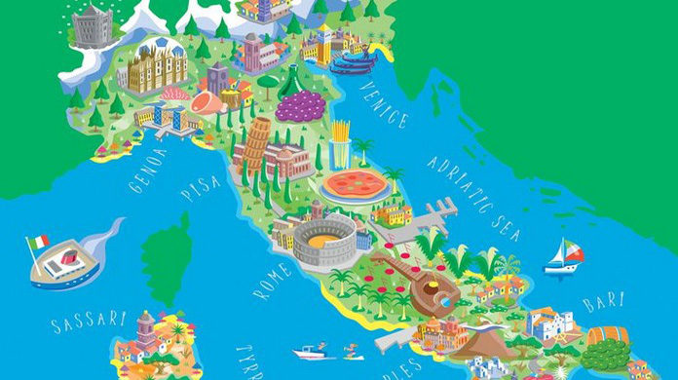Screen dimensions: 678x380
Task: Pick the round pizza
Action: [x=353, y=185]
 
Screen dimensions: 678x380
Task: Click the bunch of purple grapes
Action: [x=300, y=105]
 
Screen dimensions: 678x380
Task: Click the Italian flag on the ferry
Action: [x=38, y=242]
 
